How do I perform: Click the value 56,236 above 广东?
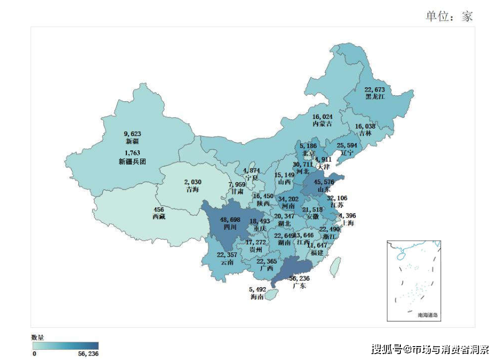pos(299,279)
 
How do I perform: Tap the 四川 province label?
pos(229,227)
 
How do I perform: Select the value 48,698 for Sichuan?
pos(229,220)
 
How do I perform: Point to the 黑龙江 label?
pos(376,97)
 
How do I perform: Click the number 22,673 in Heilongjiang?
pos(375,89)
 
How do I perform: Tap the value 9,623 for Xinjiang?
pos(132,134)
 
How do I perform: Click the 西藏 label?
pos(159,217)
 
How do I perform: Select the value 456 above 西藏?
pos(159,209)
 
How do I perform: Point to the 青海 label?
pos(192,190)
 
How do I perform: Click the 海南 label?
pos(257,297)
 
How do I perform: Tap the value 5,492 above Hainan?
pos(257,289)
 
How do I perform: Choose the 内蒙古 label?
pos(323,124)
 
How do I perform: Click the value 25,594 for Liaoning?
pos(346,145)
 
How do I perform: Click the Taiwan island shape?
pos(335,267)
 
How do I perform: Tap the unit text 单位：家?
pos(449,16)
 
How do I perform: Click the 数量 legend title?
pos(38,337)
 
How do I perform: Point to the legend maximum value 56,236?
pos(88,354)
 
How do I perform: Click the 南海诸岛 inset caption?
pos(428,316)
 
